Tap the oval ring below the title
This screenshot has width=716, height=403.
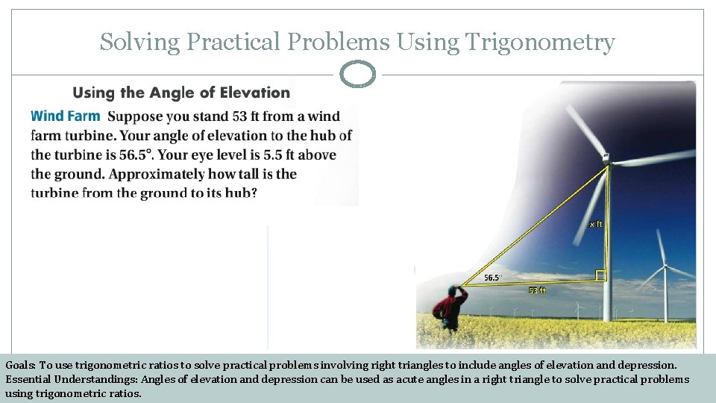[357, 75]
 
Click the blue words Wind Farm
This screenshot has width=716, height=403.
[66, 116]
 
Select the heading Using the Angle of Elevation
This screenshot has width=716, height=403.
[181, 93]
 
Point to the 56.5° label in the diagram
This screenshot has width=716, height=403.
[492, 278]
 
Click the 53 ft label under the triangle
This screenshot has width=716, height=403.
[537, 290]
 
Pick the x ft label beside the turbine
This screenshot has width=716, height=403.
[595, 223]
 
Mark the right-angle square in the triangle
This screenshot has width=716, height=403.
[601, 275]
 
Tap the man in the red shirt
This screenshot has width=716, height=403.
[450, 306]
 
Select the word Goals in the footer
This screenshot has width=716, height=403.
[19, 366]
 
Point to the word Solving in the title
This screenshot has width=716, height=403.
[139, 43]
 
